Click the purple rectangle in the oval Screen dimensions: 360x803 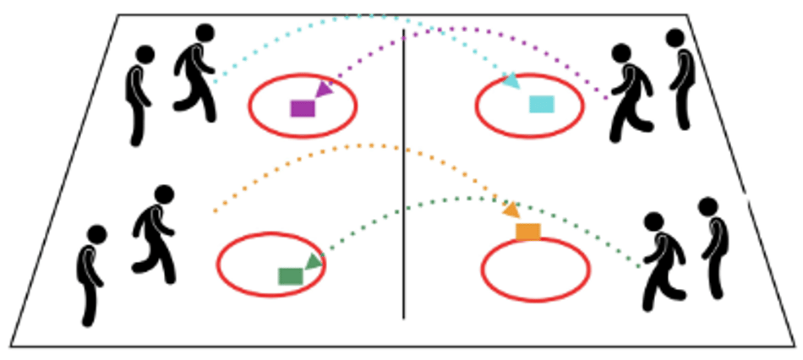(x=302, y=108)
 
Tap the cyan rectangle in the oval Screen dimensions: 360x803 (x=541, y=104)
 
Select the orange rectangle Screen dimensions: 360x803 (x=527, y=232)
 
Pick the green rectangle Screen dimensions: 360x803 (x=290, y=276)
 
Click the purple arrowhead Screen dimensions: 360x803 (x=323, y=89)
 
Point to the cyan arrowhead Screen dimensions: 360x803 (x=511, y=81)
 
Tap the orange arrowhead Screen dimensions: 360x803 (x=511, y=210)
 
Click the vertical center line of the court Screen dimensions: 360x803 (x=403, y=169)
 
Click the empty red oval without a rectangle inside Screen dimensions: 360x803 (x=535, y=270)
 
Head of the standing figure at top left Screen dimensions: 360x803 (x=145, y=55)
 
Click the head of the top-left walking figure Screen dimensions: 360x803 (x=205, y=33)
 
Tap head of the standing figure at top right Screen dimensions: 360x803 (x=675, y=38)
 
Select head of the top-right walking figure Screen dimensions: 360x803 (x=621, y=53)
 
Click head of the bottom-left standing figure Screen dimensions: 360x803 (x=97, y=234)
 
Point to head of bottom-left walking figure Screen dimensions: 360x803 (x=164, y=194)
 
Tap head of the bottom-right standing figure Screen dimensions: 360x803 (x=707, y=206)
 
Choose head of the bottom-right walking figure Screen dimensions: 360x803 (x=653, y=221)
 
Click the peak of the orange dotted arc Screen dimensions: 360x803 (x=363, y=145)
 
